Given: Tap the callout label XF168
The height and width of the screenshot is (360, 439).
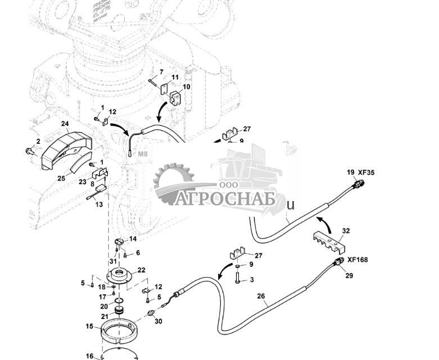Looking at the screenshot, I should [x=358, y=260].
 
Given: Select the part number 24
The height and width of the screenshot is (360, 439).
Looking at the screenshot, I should [x=65, y=124].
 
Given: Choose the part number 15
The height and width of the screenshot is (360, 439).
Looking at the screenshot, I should [x=89, y=326].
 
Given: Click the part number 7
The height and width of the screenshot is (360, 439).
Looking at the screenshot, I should [x=161, y=72].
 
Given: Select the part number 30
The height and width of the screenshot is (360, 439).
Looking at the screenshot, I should [x=158, y=322].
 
